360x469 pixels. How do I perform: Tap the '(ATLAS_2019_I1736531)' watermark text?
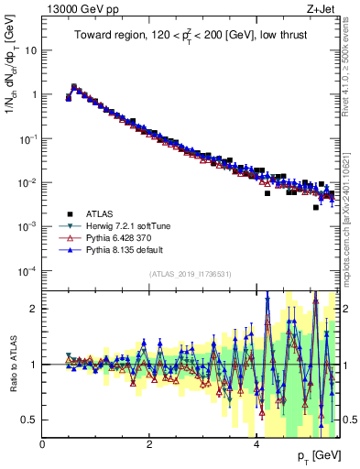point(191,274)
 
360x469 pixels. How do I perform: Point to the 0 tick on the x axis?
point(43,444)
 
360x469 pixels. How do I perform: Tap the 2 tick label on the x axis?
point(149,444)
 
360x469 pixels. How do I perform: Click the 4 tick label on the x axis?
point(256,444)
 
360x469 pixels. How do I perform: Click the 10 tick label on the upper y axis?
point(30,50)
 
